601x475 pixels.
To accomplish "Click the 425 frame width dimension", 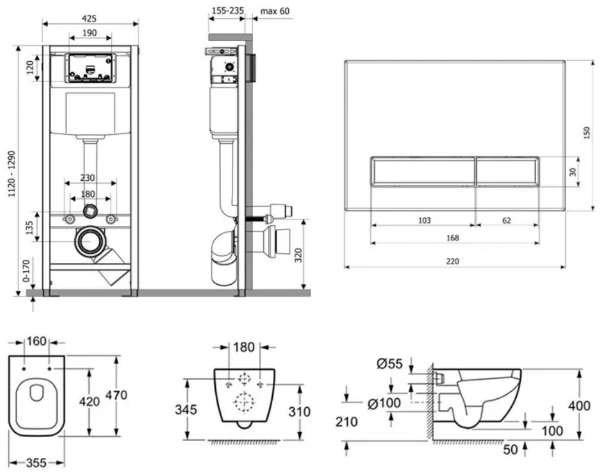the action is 89,18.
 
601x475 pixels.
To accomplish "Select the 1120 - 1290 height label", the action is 12,174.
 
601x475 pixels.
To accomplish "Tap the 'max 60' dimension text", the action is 275,11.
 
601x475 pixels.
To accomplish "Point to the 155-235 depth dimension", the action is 228,11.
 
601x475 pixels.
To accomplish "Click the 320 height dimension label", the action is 298,255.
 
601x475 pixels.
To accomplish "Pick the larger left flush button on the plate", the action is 423,171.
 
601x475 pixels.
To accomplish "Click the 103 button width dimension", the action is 424,221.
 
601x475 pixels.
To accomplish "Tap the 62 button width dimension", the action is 506,221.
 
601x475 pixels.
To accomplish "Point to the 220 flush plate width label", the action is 452,262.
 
